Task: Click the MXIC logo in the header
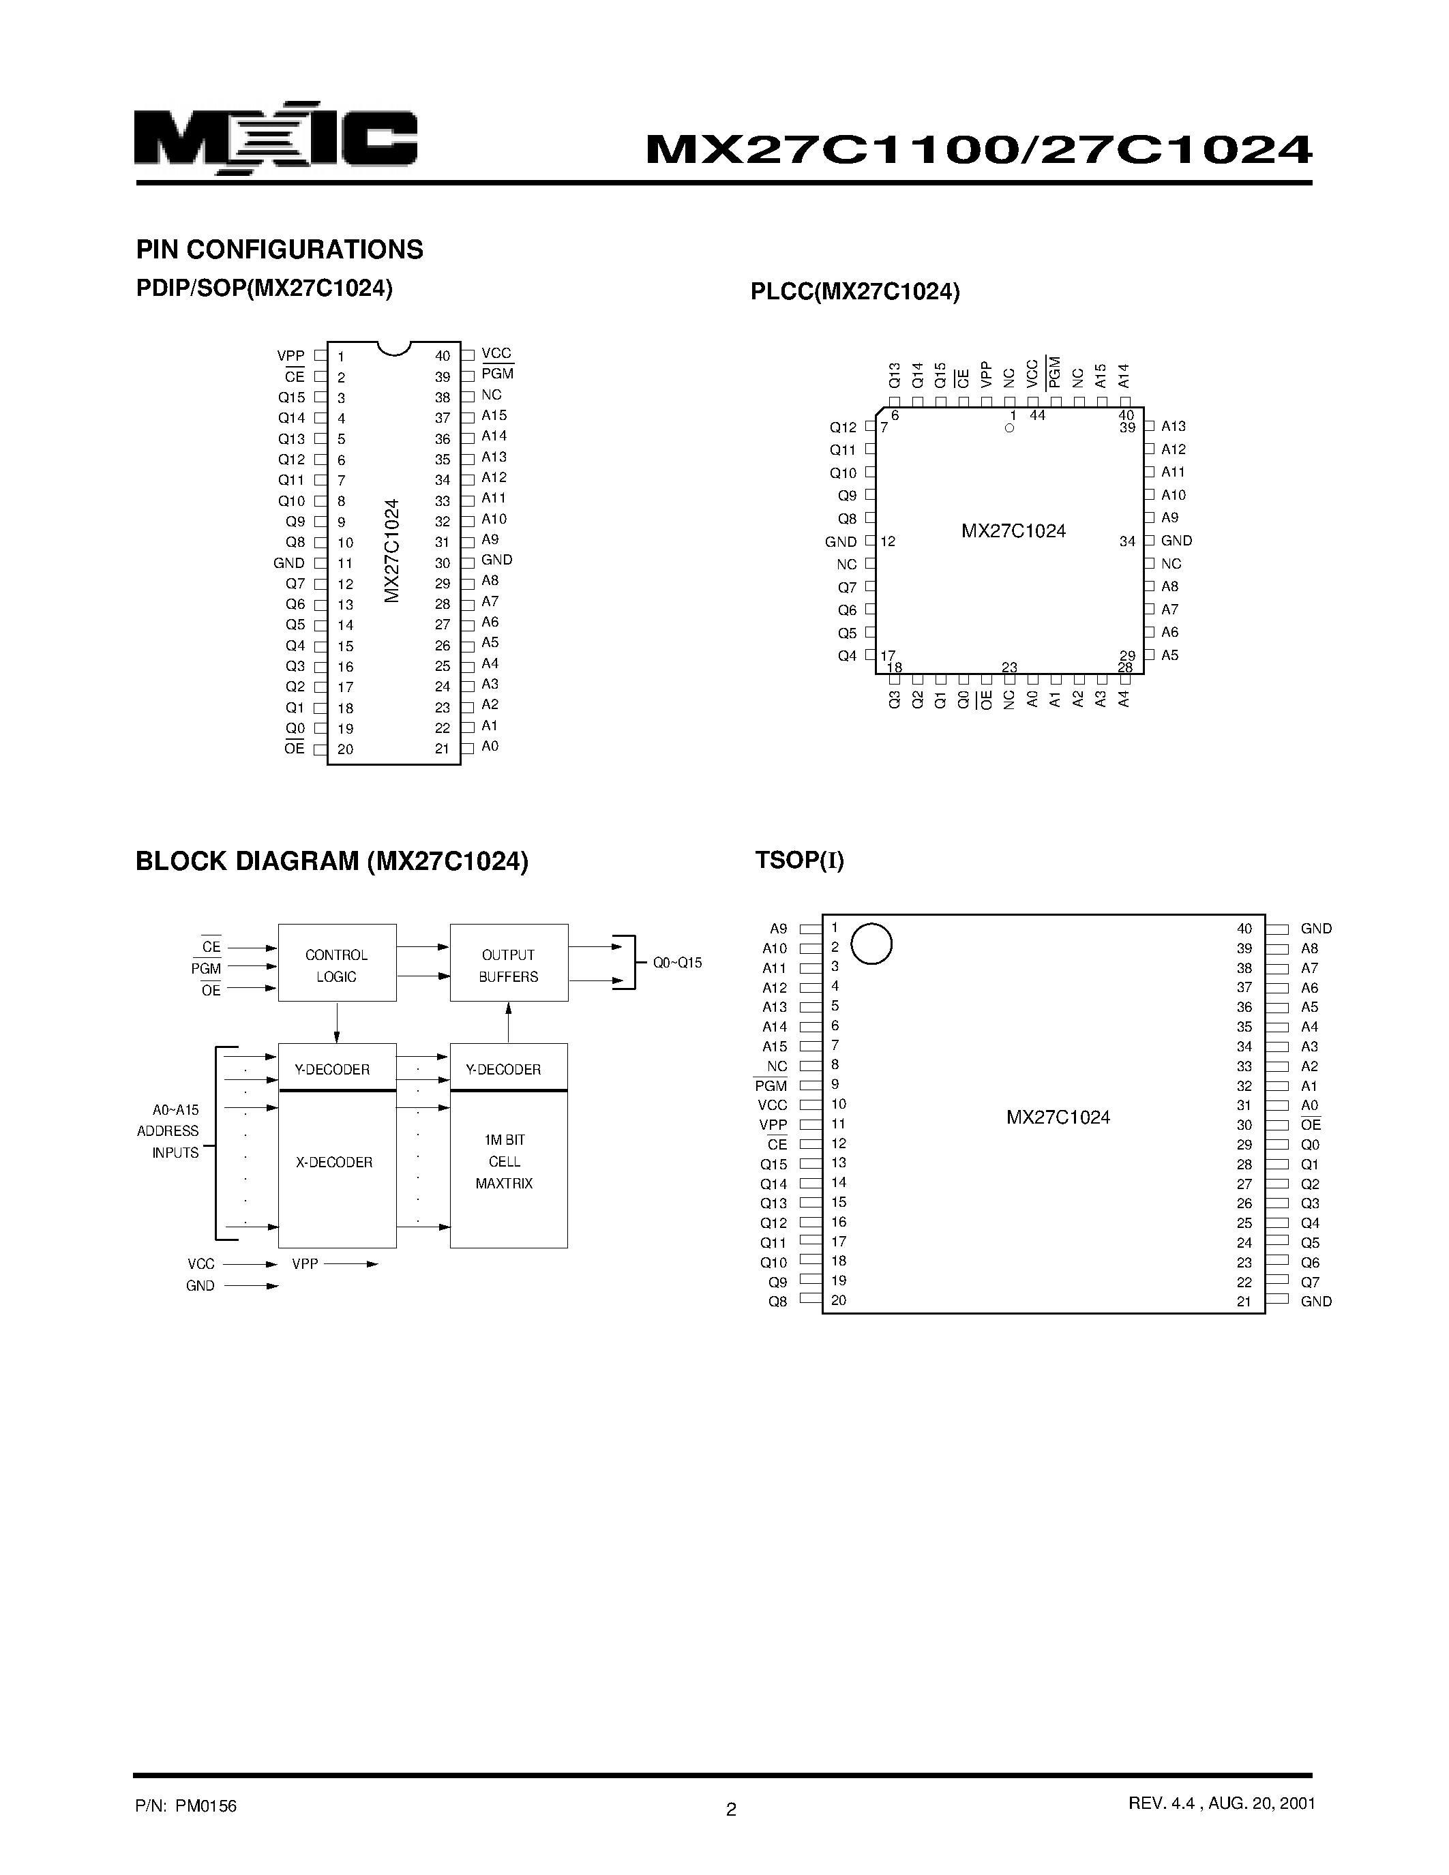tap(275, 139)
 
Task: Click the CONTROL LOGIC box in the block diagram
tap(336, 963)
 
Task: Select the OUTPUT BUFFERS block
tap(508, 963)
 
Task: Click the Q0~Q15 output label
tap(677, 963)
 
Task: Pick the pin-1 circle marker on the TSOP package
tap(871, 944)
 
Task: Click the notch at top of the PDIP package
tap(394, 348)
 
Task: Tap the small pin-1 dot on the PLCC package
tap(1009, 427)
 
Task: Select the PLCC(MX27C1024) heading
tap(855, 292)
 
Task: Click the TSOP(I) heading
tap(799, 860)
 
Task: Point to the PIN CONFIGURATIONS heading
tap(280, 250)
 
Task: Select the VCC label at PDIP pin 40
tap(496, 354)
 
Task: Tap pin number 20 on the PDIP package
tap(345, 749)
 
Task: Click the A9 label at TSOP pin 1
tap(778, 929)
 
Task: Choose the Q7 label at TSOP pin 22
tap(1310, 1282)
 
